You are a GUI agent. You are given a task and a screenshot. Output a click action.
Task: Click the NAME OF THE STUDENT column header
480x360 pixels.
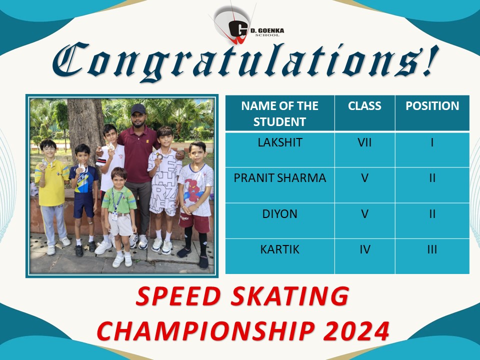[279, 113]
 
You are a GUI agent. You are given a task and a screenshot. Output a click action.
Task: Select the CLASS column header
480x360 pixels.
[364, 106]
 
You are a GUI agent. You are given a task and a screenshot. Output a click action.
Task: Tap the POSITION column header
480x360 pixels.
[432, 106]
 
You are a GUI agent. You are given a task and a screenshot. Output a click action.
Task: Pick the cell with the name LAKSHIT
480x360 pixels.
[279, 142]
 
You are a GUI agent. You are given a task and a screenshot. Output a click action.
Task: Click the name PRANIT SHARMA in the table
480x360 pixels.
[279, 178]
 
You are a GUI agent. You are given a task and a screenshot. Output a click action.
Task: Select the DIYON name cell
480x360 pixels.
[279, 214]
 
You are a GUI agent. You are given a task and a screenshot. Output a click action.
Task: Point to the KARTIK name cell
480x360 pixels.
[279, 249]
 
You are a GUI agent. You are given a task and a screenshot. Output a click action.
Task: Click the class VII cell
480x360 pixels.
[364, 142]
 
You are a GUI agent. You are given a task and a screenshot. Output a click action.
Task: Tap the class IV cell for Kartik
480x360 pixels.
[364, 249]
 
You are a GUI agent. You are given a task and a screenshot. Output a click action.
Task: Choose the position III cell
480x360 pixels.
[432, 249]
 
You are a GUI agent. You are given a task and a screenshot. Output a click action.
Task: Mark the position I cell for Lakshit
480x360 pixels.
[432, 142]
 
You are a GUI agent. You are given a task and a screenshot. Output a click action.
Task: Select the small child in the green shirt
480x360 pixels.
[119, 200]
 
